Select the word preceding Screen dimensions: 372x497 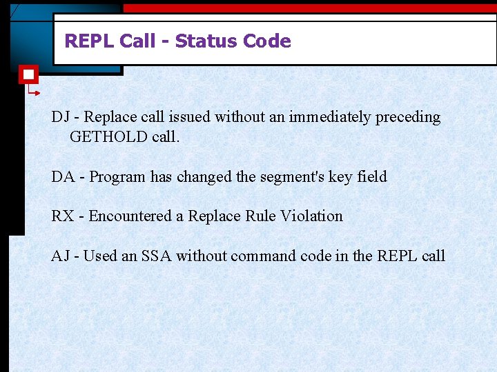(x=408, y=117)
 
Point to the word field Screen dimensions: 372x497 (x=372, y=176)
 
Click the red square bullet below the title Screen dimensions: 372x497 (x=28, y=74)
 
